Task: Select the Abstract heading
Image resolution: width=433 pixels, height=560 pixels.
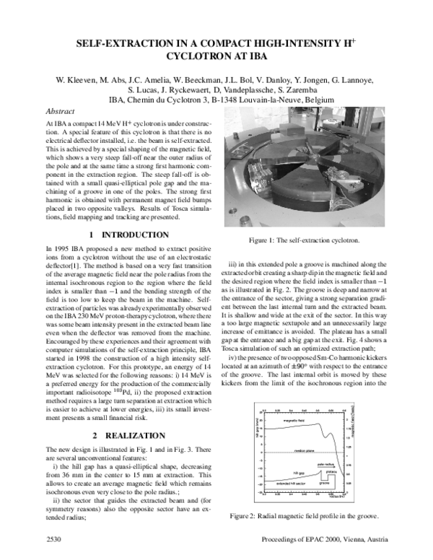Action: [x=60, y=112]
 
